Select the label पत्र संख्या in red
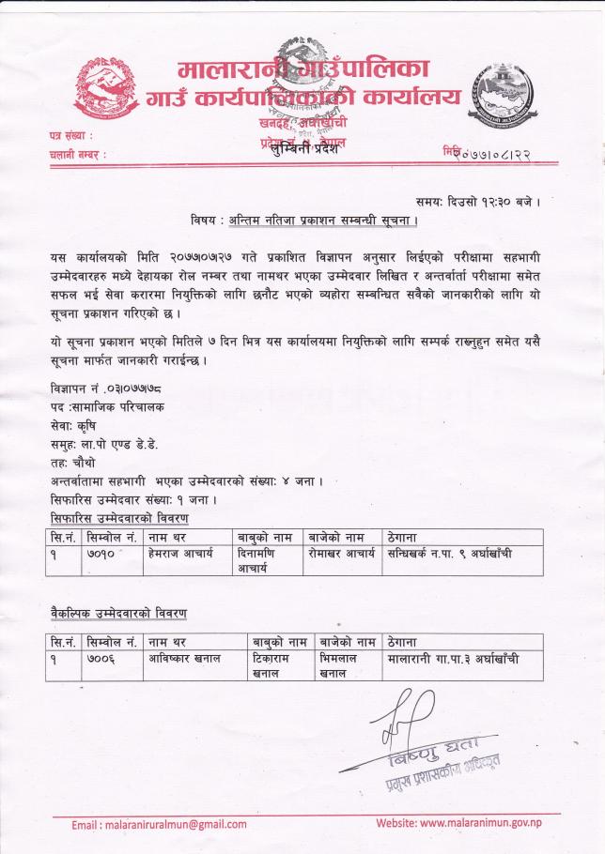72,137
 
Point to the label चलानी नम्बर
77,154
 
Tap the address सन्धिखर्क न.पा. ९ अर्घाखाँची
449,555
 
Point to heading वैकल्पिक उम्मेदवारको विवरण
117,613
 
